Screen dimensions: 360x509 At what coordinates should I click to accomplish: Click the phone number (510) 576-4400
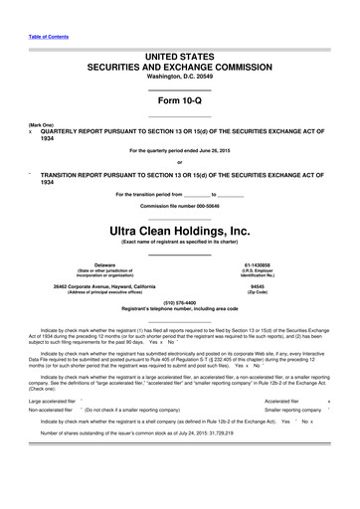179,302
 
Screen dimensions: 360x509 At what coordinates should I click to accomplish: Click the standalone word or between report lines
179,163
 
